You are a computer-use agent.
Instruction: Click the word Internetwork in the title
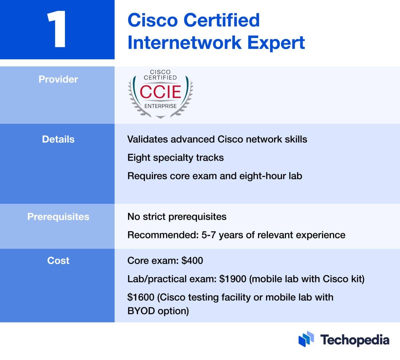184,43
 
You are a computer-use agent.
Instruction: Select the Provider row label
58,79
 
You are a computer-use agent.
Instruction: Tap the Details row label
58,139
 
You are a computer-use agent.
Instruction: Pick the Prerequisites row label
58,217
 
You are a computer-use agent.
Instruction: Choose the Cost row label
58,261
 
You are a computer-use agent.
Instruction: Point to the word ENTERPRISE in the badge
160,106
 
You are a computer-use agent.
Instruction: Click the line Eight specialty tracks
175,158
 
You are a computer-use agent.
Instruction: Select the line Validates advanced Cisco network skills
217,139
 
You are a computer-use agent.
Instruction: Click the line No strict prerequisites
177,217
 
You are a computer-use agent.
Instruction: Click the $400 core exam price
192,261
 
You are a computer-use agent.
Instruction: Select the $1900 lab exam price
233,279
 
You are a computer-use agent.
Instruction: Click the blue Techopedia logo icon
306,339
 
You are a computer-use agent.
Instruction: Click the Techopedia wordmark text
355,340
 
